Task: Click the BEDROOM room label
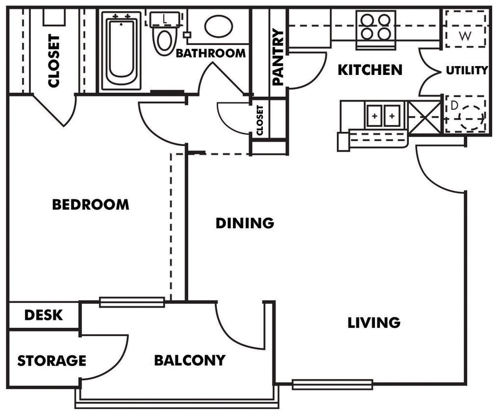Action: (91, 204)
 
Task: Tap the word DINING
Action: (245, 223)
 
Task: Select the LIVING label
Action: (374, 322)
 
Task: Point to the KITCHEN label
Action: (370, 70)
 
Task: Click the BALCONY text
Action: (190, 361)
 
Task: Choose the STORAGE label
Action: (51, 361)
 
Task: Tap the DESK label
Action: (44, 315)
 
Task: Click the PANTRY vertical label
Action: (278, 57)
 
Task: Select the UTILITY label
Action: (467, 71)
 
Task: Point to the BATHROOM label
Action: (210, 53)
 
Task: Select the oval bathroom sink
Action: (218, 25)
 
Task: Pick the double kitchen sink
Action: (383, 117)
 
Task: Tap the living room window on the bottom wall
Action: (332, 385)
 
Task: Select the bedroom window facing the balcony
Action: (132, 302)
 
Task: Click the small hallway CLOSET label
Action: (260, 121)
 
